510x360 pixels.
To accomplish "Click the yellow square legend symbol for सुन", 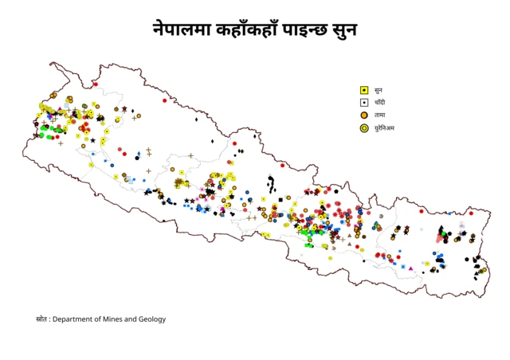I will pos(364,90).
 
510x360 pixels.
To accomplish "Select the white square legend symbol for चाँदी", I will pos(364,103).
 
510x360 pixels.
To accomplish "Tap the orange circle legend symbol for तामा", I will pos(364,115).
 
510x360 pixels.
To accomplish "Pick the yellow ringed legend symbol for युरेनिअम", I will pos(364,128).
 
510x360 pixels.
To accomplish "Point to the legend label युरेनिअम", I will pos(385,128).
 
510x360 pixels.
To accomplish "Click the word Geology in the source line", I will pos(152,319).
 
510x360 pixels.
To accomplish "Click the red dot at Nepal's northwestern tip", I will pos(95,84).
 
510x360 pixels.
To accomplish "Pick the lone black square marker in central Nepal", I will pos(281,199).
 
